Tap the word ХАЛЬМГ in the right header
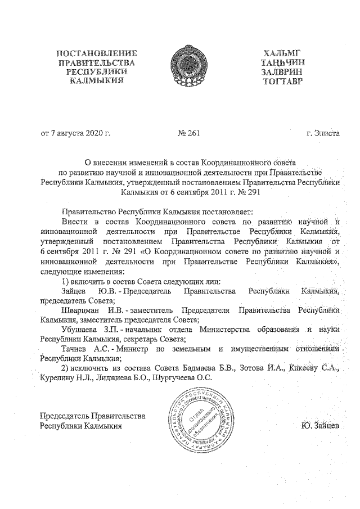tap(281, 54)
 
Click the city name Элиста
tap(328, 134)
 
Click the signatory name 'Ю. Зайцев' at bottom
tap(320, 425)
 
